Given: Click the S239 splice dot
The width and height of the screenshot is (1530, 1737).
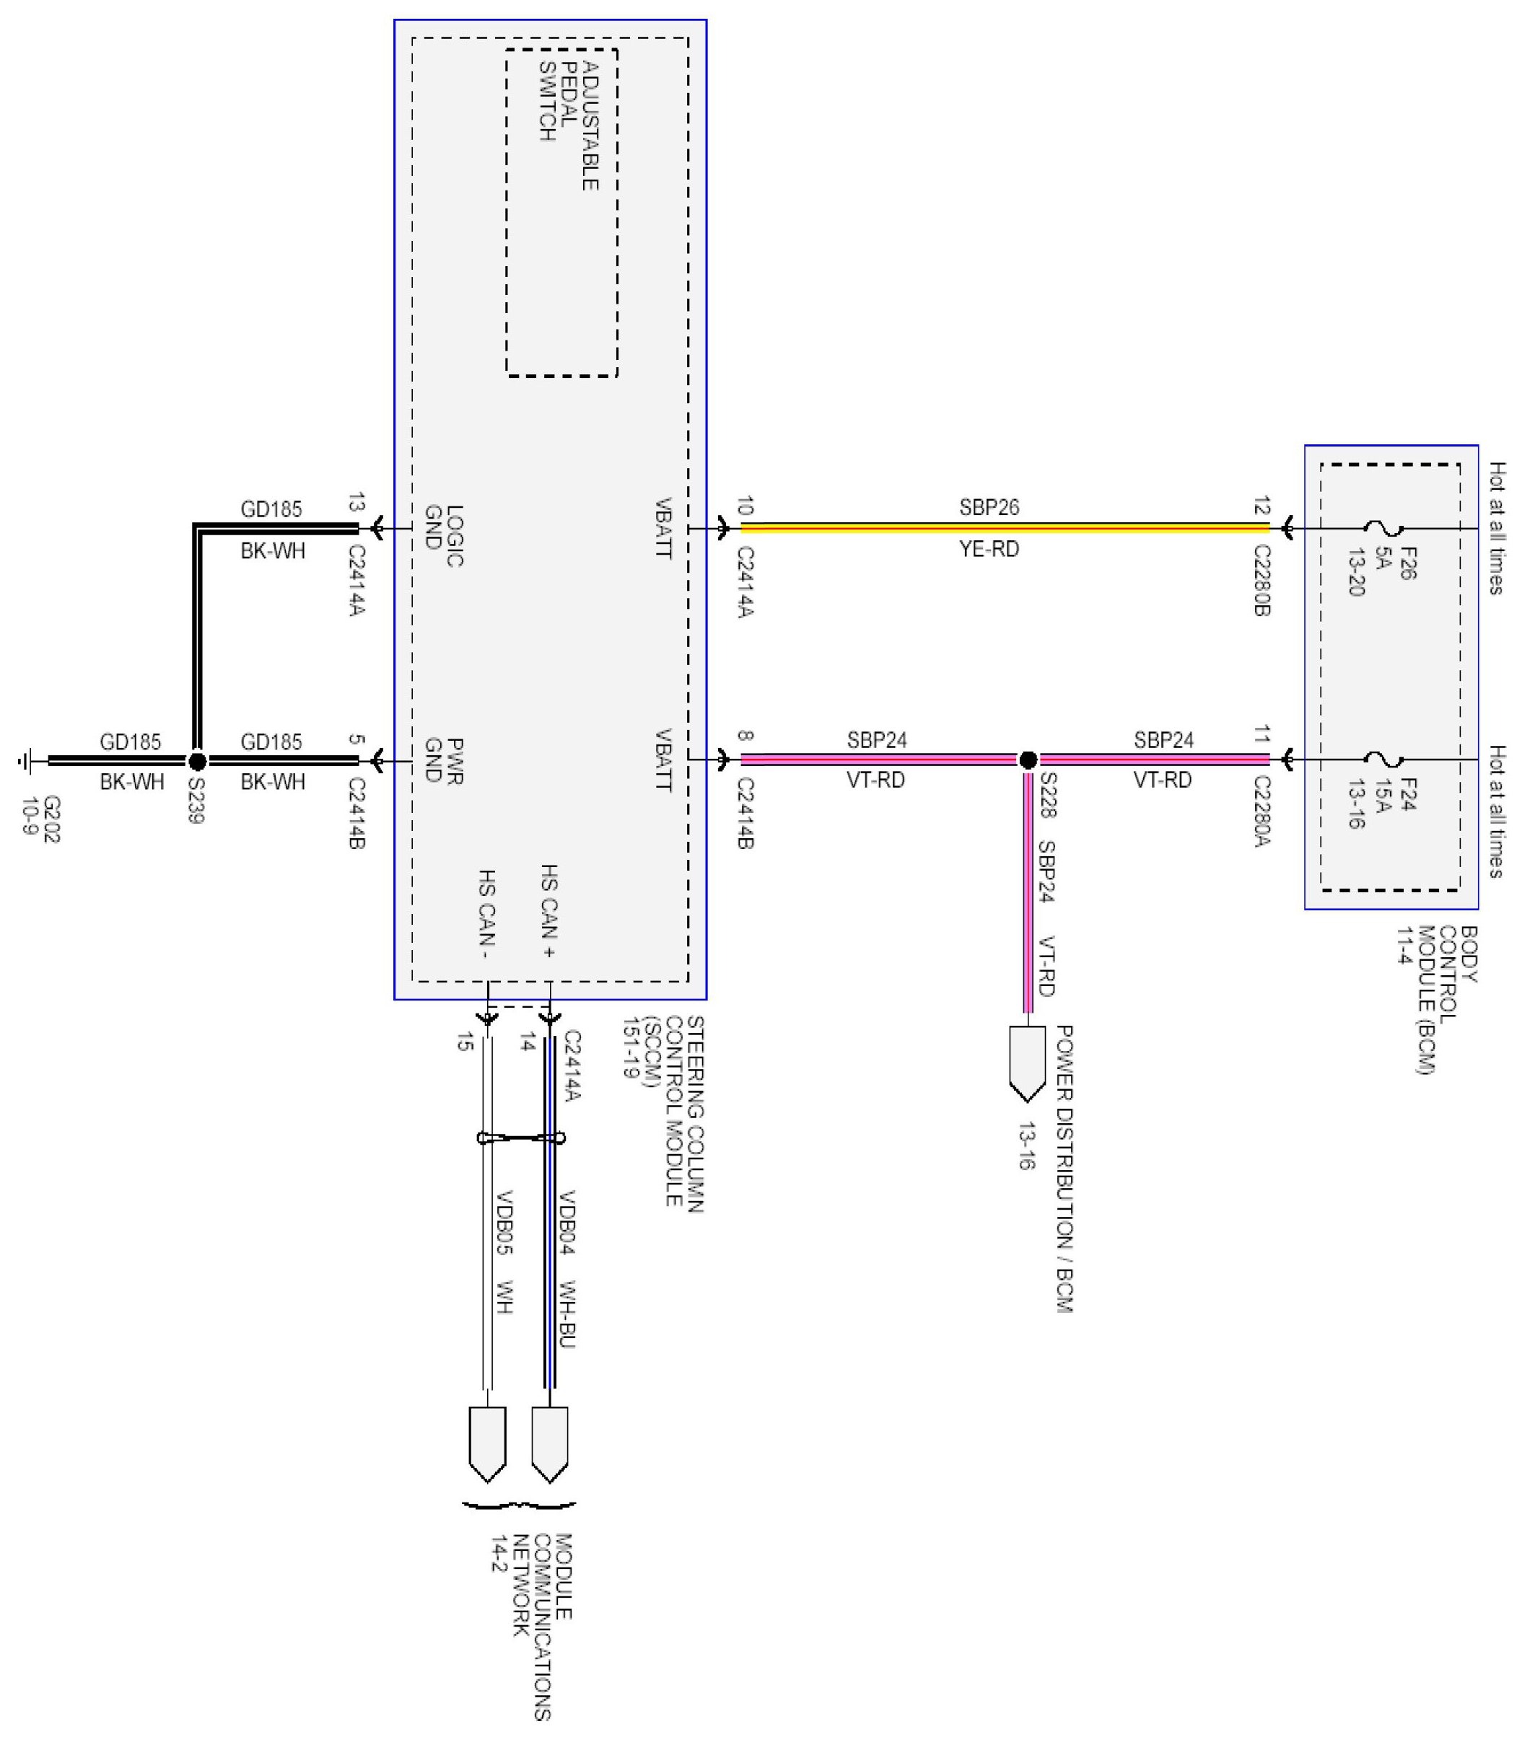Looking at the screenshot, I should click(x=197, y=762).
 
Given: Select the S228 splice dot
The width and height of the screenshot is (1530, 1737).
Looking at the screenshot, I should click(x=1028, y=760).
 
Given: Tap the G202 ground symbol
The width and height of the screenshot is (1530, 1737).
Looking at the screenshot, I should click(x=27, y=762).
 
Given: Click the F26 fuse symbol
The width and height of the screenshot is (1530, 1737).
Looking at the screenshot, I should click(x=1383, y=529).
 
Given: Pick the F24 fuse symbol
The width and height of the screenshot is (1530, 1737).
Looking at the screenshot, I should click(x=1383, y=760).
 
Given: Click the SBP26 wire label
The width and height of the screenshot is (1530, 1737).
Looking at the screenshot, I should click(x=989, y=507).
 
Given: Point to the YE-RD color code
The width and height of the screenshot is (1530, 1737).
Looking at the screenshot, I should click(x=989, y=550).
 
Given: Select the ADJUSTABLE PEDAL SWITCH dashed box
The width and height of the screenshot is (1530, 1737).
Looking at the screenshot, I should click(x=562, y=213).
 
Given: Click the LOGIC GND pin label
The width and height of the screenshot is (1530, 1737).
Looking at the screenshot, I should click(x=444, y=535).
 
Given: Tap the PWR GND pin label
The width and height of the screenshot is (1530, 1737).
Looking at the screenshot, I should click(x=444, y=760).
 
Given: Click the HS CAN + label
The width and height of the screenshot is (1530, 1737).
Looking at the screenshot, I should click(x=549, y=912).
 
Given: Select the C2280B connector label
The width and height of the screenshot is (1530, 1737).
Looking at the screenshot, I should click(x=1262, y=581).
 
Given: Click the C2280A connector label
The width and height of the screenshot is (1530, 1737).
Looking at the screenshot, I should click(x=1262, y=812).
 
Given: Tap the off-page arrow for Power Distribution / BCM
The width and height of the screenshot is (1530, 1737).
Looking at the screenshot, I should click(x=1028, y=1063).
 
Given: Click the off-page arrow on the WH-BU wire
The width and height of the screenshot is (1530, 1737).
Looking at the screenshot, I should click(x=550, y=1445).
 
